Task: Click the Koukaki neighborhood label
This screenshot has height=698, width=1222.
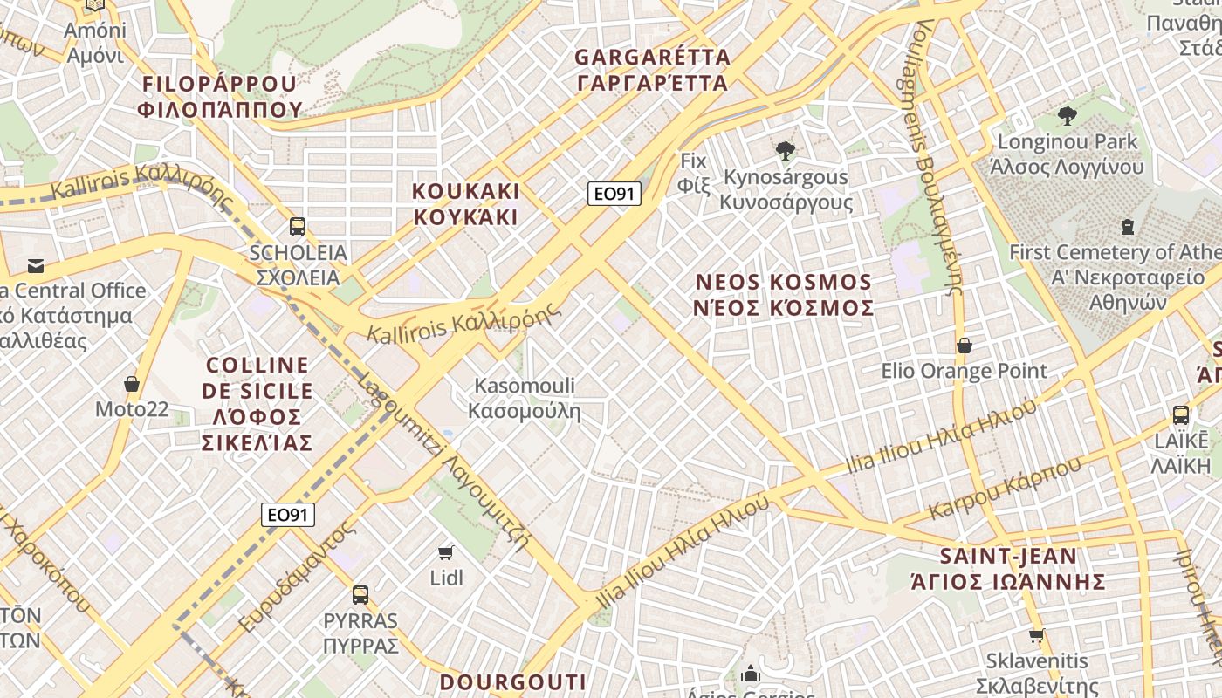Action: point(465,204)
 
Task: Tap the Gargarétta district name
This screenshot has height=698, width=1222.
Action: point(651,70)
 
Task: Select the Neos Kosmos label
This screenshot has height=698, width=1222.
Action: point(783,295)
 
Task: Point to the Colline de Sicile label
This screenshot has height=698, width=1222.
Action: point(257,403)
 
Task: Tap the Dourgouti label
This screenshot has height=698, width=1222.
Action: point(512,681)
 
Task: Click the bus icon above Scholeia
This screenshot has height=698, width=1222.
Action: point(298,227)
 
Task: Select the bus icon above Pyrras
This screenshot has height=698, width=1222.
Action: point(360,595)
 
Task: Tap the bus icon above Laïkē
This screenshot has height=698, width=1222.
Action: point(1181,414)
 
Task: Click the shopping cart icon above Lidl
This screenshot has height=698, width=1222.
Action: point(446,551)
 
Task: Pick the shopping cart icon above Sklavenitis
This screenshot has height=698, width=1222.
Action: point(1036,635)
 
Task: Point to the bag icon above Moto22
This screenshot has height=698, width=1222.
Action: point(132,383)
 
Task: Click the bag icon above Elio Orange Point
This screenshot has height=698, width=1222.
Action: point(965,346)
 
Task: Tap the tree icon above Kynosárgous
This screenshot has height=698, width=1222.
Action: point(786,150)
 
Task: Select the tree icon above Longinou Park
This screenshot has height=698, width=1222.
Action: point(1067,115)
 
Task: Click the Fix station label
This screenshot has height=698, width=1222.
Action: point(693,172)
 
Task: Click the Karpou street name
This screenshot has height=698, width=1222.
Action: point(1005,489)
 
